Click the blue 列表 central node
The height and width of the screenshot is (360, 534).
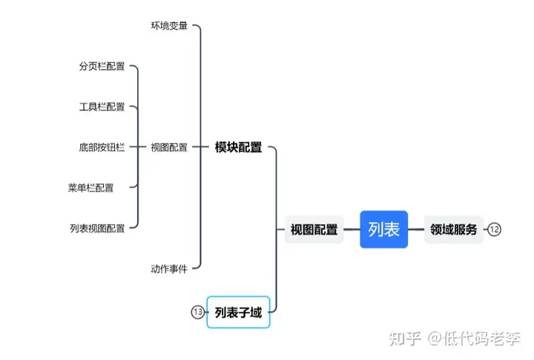(383, 229)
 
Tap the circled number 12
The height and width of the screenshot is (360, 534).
(495, 230)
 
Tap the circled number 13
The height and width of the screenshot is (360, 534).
(197, 312)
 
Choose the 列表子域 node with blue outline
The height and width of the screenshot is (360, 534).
(238, 312)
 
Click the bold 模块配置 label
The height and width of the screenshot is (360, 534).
(238, 147)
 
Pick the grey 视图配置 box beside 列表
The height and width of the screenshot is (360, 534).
(314, 229)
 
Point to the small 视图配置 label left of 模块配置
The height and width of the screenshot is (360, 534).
(169, 147)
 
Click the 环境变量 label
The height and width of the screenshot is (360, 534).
(169, 26)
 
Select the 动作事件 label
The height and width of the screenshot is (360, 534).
(169, 268)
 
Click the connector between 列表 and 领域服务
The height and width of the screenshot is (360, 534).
(416, 229)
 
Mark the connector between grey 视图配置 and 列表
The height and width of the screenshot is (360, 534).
(352, 229)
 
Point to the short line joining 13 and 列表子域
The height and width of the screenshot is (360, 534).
(206, 312)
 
